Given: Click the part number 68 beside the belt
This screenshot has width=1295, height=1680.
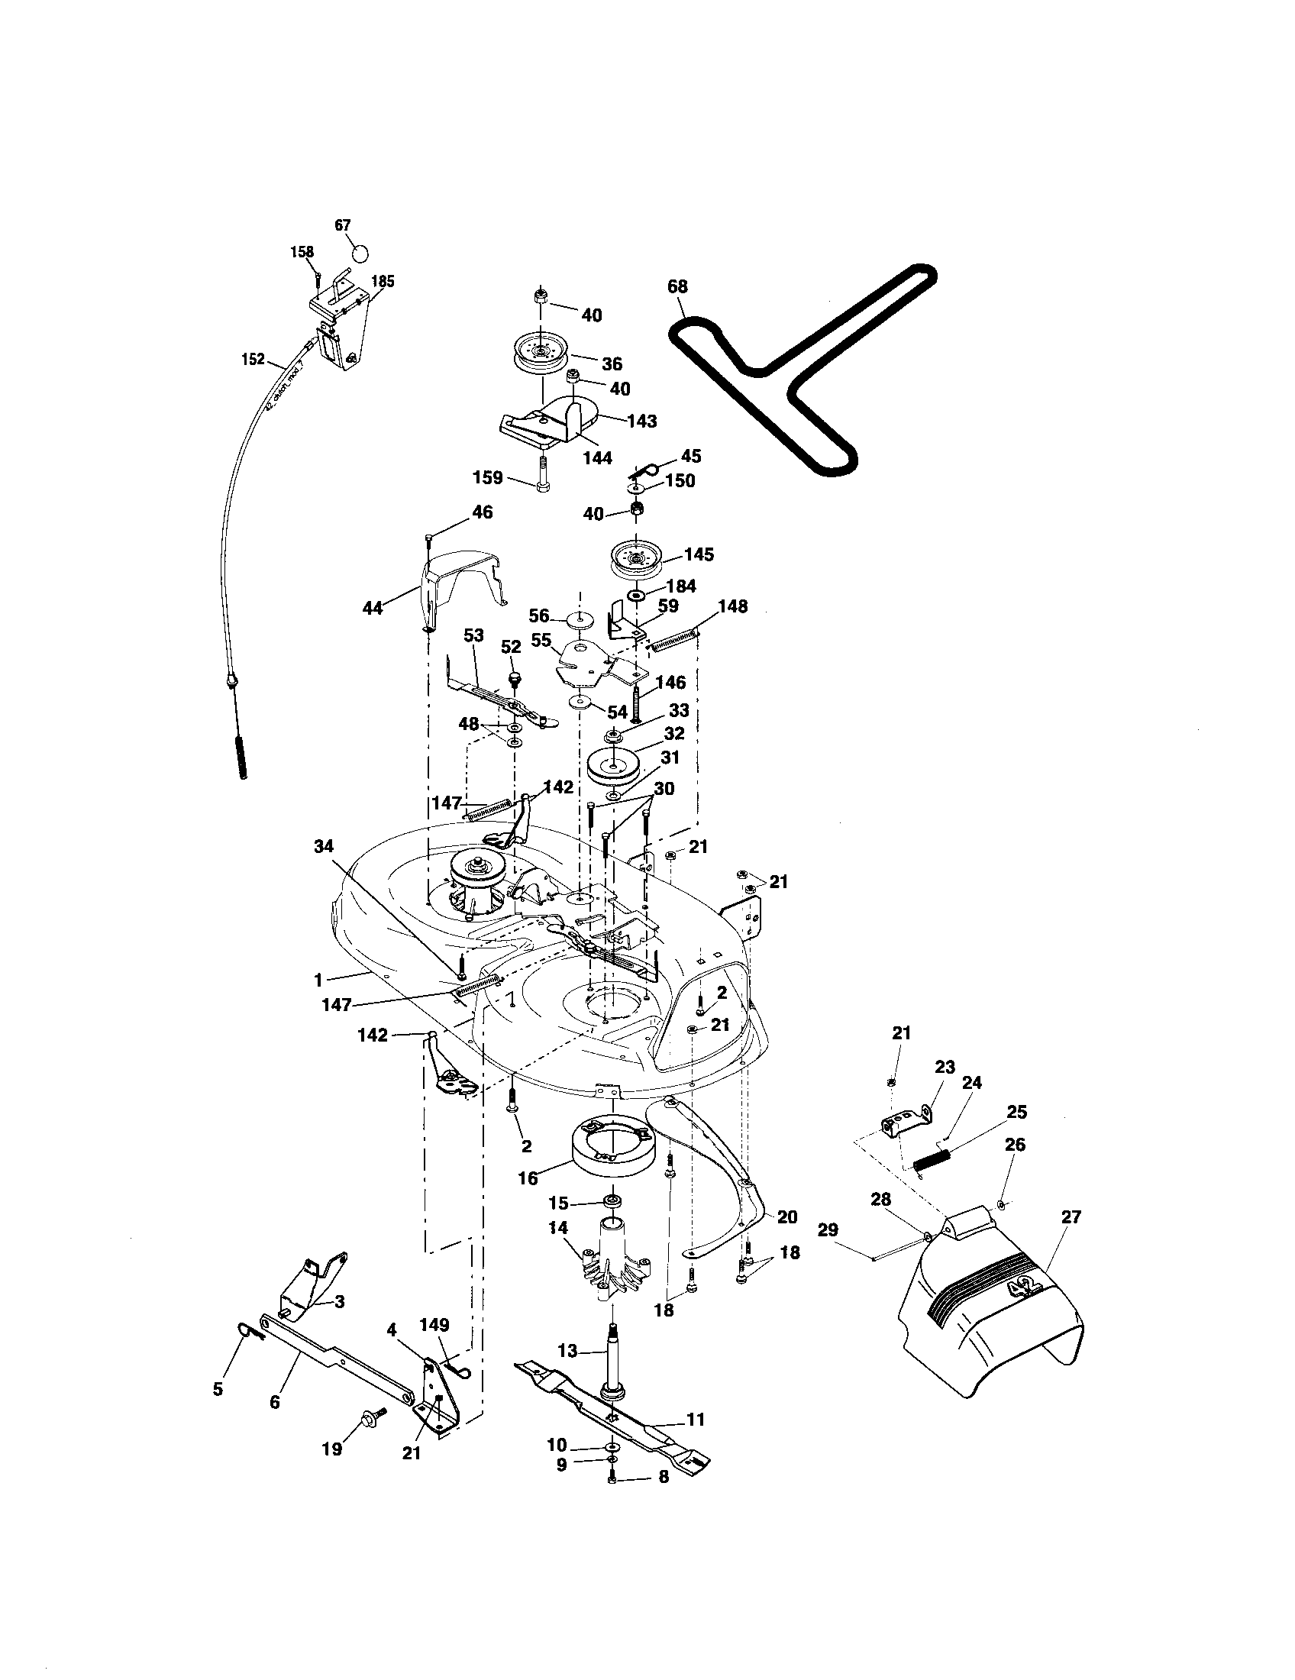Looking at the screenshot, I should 677,286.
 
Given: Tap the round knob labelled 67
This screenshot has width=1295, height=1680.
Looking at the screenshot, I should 359,253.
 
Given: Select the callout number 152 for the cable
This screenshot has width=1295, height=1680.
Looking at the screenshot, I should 252,359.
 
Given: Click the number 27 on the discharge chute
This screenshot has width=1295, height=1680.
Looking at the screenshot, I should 1071,1217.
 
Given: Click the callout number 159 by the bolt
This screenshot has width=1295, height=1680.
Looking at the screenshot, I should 487,478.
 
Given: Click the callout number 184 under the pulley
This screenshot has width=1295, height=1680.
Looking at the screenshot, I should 680,586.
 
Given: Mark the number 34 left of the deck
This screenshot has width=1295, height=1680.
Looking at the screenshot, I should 324,847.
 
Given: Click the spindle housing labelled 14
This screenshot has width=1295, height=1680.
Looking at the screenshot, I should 615,1263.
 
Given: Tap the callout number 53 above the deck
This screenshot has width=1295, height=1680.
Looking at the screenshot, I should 473,635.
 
